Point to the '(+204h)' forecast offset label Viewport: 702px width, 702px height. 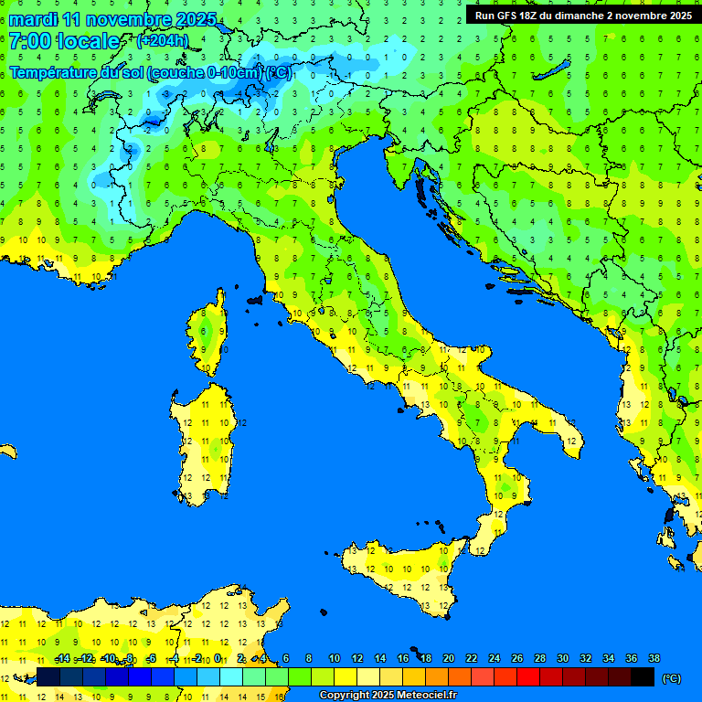[162, 40]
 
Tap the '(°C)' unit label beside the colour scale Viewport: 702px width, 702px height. [671, 678]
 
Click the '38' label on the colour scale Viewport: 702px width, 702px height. [654, 658]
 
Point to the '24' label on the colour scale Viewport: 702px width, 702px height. [494, 658]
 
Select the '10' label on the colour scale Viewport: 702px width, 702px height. [335, 658]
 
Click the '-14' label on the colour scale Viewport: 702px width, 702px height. [62, 658]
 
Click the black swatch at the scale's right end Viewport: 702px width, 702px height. [643, 677]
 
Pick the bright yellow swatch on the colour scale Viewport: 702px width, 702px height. [346, 677]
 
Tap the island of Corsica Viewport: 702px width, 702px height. [209, 334]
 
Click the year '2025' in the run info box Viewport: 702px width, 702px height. [676, 16]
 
